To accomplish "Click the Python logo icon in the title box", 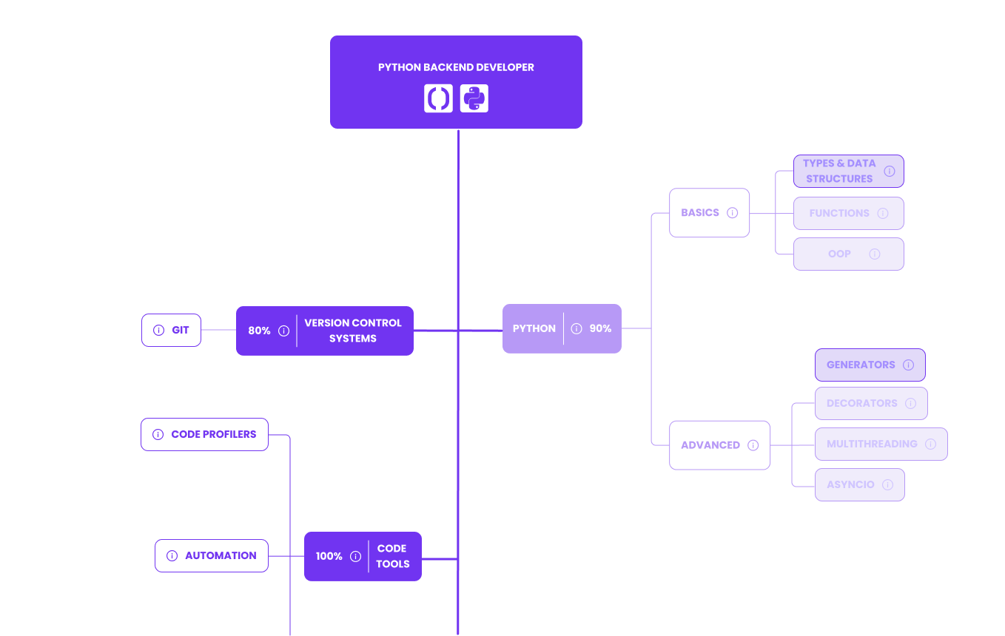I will tap(474, 98).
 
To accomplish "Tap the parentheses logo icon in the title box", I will tap(438, 98).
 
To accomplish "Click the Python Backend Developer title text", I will tap(456, 67).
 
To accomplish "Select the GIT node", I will tap(172, 331).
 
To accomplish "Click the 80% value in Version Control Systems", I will tap(259, 331).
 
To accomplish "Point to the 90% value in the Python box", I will tap(600, 328).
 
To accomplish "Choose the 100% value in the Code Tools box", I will tap(329, 556).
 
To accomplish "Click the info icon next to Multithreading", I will tap(931, 444).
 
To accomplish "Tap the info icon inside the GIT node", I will tap(158, 331).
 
